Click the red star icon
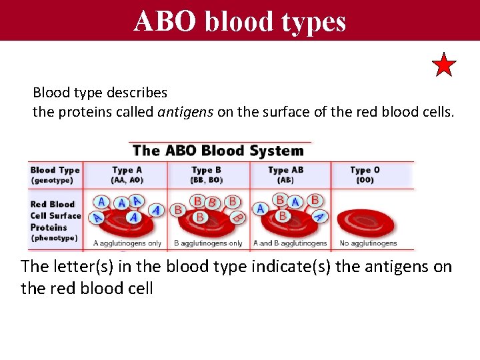[444, 65]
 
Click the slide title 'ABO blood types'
[240, 21]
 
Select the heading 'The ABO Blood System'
[218, 150]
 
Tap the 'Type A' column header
[127, 170]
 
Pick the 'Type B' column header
[207, 170]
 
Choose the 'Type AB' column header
[285, 170]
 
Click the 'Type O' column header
[365, 170]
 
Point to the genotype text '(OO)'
[365, 180]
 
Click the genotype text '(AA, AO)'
[127, 180]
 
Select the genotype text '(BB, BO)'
[207, 180]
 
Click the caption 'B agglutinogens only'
[208, 243]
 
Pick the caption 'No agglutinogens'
[368, 243]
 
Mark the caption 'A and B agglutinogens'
[290, 243]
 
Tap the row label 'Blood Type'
[55, 170]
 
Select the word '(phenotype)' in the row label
[54, 238]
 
